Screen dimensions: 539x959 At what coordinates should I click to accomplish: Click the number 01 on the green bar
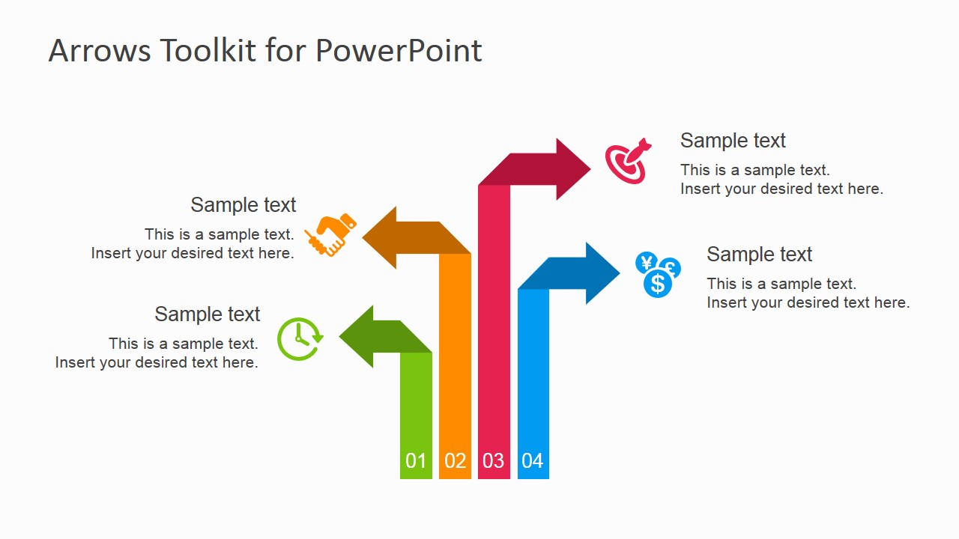click(416, 460)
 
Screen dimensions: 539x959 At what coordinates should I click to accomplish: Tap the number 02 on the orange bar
click(455, 460)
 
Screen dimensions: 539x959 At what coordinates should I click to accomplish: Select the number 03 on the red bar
click(493, 460)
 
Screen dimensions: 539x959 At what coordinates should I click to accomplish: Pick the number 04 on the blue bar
click(532, 460)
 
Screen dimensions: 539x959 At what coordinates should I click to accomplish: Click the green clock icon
click(300, 339)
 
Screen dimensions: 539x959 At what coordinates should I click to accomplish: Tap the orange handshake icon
click(331, 234)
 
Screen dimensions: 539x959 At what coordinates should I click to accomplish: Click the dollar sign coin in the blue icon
click(658, 283)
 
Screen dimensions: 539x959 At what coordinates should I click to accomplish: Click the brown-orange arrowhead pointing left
click(382, 237)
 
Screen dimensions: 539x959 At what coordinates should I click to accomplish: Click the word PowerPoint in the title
click(398, 51)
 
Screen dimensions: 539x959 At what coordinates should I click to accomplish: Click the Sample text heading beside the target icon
click(733, 141)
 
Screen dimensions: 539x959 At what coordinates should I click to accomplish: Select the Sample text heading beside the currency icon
click(759, 255)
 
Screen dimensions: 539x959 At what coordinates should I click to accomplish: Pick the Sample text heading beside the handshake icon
click(243, 205)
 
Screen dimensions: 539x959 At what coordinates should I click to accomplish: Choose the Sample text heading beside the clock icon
click(208, 314)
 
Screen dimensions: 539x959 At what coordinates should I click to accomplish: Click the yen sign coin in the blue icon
click(646, 263)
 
